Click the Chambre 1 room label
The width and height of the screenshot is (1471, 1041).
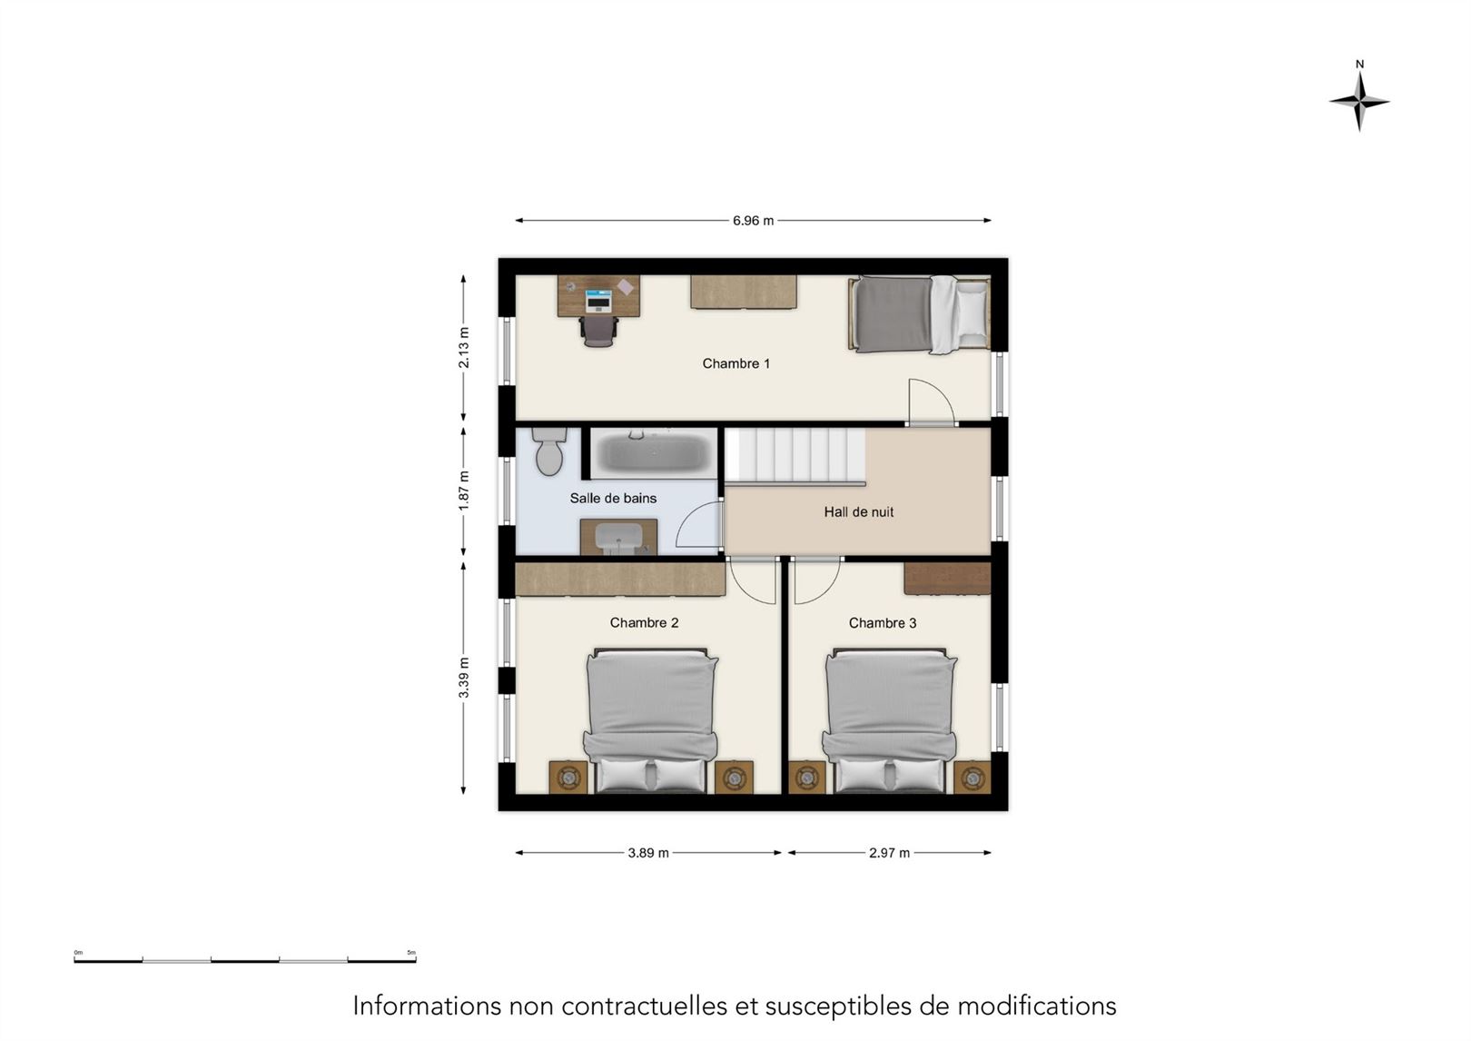pyautogui.click(x=735, y=363)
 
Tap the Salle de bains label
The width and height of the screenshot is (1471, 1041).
pyautogui.click(x=613, y=498)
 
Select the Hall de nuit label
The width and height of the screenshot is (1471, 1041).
pyautogui.click(x=858, y=511)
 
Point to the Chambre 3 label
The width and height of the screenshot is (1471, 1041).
pyautogui.click(x=882, y=622)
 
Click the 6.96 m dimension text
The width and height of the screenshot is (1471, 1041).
pyautogui.click(x=754, y=221)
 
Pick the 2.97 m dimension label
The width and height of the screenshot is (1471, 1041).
pyautogui.click(x=889, y=852)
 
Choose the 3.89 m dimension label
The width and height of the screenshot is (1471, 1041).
pyautogui.click(x=648, y=852)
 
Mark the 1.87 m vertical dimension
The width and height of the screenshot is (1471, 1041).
pyautogui.click(x=464, y=491)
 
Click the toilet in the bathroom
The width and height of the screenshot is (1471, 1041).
pyautogui.click(x=549, y=451)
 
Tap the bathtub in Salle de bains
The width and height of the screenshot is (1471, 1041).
pyautogui.click(x=654, y=453)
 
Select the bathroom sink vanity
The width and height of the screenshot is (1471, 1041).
pyautogui.click(x=618, y=537)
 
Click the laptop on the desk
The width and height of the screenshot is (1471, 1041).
pyautogui.click(x=598, y=301)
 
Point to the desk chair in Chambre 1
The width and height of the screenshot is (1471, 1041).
pyautogui.click(x=598, y=331)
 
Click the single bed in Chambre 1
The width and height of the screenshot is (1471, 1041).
pyautogui.click(x=919, y=314)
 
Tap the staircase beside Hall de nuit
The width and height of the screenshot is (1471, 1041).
pyautogui.click(x=795, y=455)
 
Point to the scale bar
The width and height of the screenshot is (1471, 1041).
pyautogui.click(x=245, y=960)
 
